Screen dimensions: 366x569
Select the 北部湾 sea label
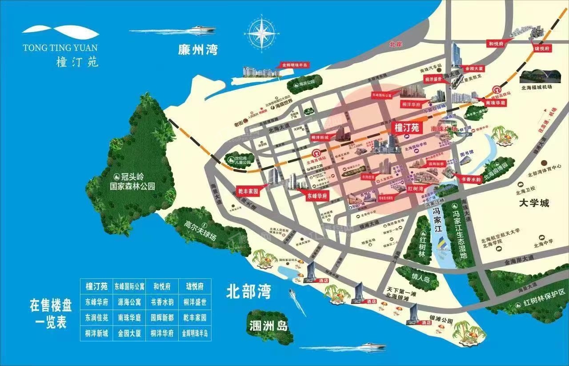pos(248,292)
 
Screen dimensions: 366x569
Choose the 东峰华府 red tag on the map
pos(317,195)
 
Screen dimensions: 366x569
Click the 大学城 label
pos(534,203)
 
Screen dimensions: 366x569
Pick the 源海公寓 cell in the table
pos(129,302)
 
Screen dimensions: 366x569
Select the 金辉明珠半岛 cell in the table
pos(195,333)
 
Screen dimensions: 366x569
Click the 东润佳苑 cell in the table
pos(96,318)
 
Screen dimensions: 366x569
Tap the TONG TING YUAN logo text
pos(60,47)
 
